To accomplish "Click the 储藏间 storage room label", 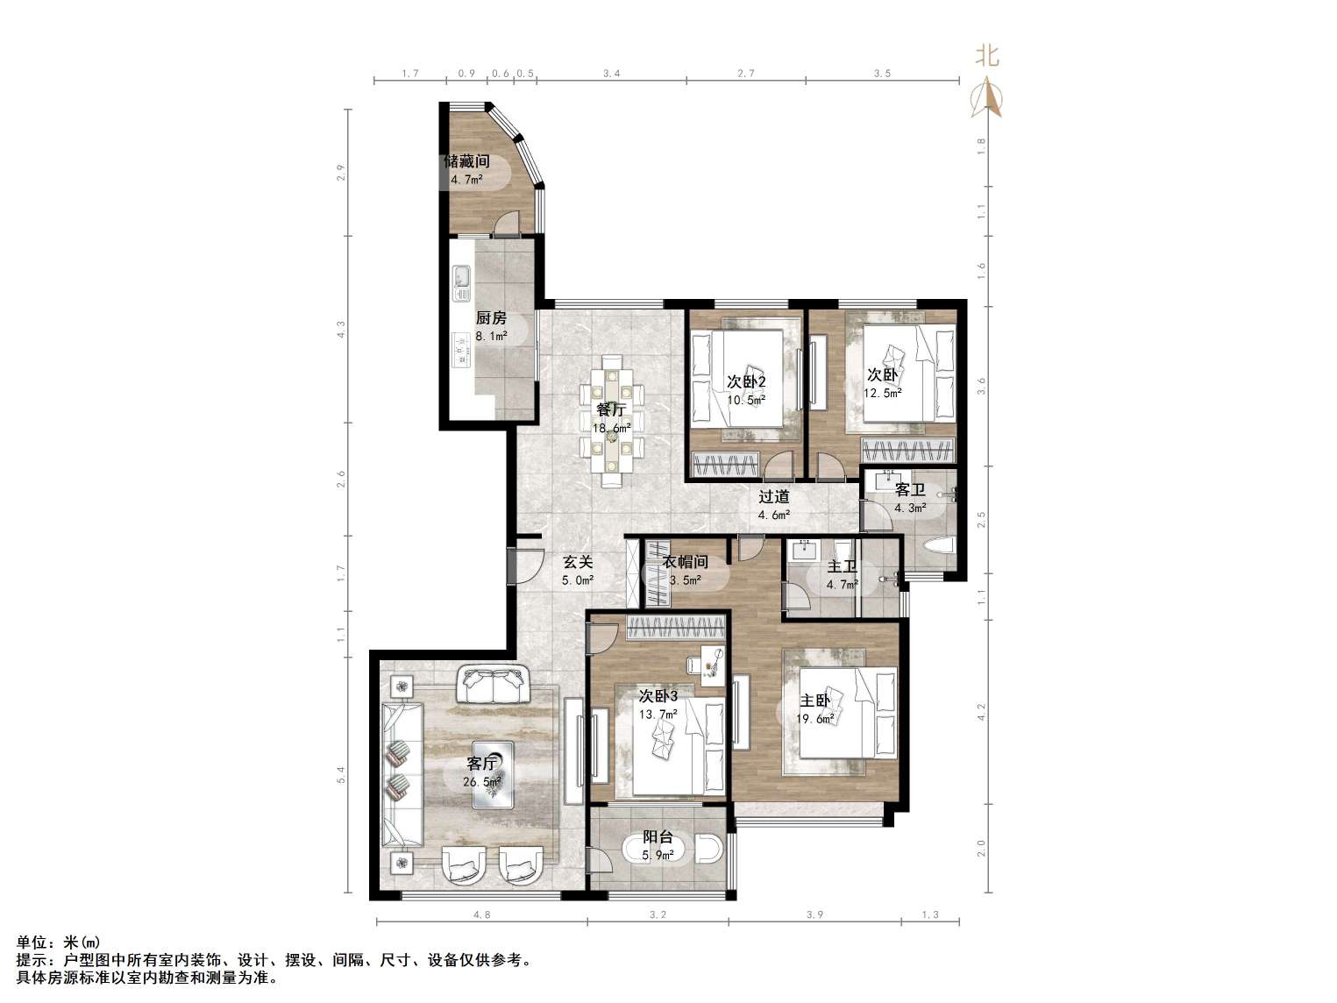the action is tap(466, 161).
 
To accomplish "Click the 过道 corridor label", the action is tap(773, 497).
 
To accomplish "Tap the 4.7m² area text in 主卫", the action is tap(843, 585).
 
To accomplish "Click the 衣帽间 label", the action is tap(686, 561).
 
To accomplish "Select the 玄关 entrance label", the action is tap(578, 561).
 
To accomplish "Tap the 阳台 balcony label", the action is tap(658, 838).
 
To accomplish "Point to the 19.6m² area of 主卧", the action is tap(815, 719).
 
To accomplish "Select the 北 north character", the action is tap(987, 56).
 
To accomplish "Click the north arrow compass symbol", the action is tap(988, 97).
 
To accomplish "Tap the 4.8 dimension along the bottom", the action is tap(482, 914).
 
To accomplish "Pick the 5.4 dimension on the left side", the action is tap(341, 775).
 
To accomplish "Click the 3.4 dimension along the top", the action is tap(612, 74).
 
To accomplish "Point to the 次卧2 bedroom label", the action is tap(745, 382).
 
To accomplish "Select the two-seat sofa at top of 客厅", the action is tap(493, 684).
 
